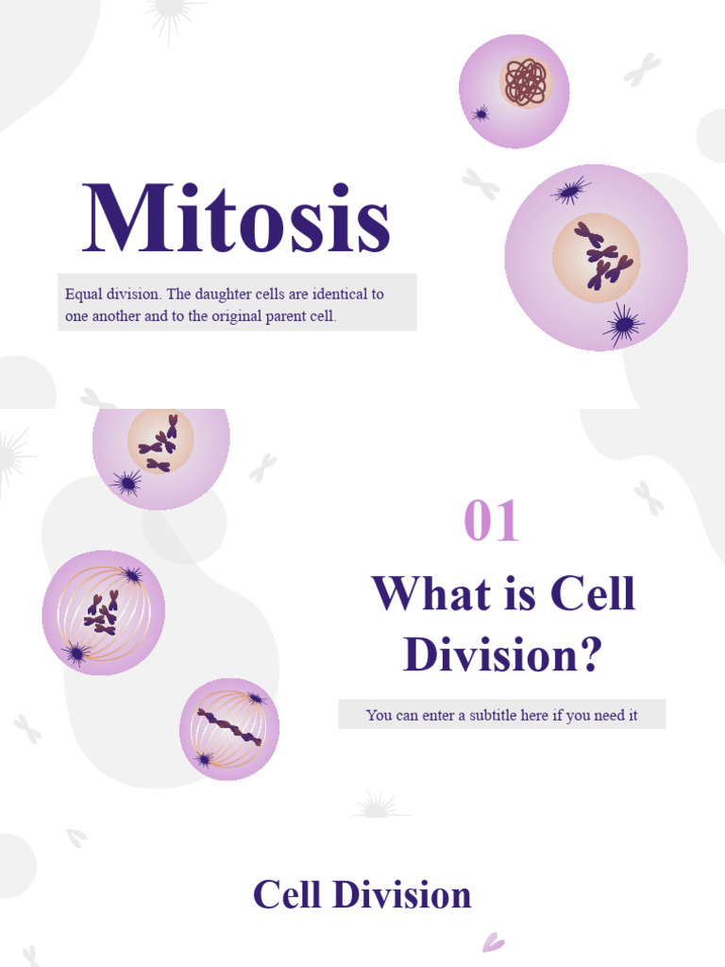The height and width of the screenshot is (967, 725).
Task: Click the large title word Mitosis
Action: click(x=236, y=219)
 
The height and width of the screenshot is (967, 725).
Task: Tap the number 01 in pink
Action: click(x=492, y=522)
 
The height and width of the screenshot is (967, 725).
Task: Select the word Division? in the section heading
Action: click(x=502, y=654)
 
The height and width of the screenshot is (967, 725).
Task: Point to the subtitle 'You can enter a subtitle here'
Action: click(x=501, y=715)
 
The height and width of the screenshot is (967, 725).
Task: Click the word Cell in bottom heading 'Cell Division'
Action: click(x=289, y=895)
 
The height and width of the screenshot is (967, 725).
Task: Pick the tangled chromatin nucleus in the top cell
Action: click(x=525, y=81)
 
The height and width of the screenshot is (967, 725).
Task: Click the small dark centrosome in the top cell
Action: click(x=481, y=114)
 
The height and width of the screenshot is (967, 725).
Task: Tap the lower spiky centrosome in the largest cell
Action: click(x=623, y=326)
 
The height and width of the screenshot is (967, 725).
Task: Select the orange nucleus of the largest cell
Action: click(x=597, y=258)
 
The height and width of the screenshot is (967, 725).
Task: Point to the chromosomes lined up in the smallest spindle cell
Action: click(x=228, y=727)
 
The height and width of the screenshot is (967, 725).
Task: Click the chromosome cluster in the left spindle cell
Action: click(x=102, y=611)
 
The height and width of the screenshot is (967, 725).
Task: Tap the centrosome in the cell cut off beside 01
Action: click(x=126, y=483)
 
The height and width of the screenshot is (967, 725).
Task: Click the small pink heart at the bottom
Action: click(x=493, y=942)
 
